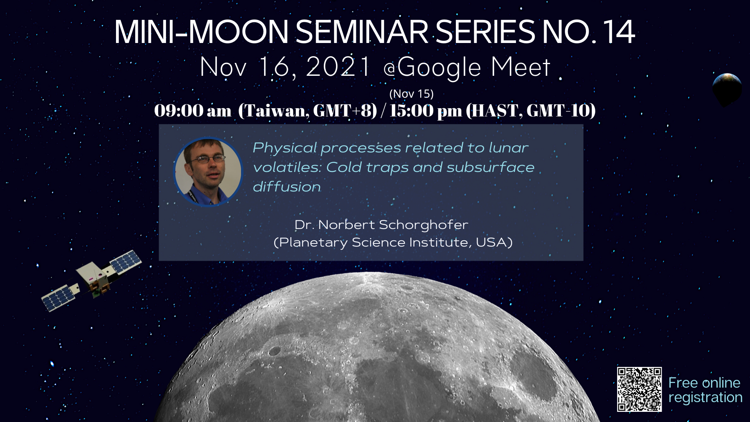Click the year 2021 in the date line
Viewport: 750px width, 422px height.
click(x=338, y=67)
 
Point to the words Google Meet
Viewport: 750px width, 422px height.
click(x=474, y=68)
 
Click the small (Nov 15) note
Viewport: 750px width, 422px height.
click(x=411, y=94)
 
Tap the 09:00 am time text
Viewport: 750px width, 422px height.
click(x=193, y=111)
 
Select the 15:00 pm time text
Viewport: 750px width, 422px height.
click(x=426, y=111)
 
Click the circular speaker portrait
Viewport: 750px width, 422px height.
click(x=208, y=172)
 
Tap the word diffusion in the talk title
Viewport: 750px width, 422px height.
click(x=287, y=187)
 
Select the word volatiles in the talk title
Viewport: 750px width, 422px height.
click(x=287, y=167)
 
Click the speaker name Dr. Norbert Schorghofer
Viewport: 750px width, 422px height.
click(x=381, y=225)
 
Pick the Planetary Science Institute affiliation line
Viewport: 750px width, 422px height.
click(x=393, y=242)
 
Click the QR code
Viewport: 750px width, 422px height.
click(x=639, y=389)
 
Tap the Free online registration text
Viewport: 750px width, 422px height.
click(x=705, y=390)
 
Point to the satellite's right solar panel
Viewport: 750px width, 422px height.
click(x=126, y=261)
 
